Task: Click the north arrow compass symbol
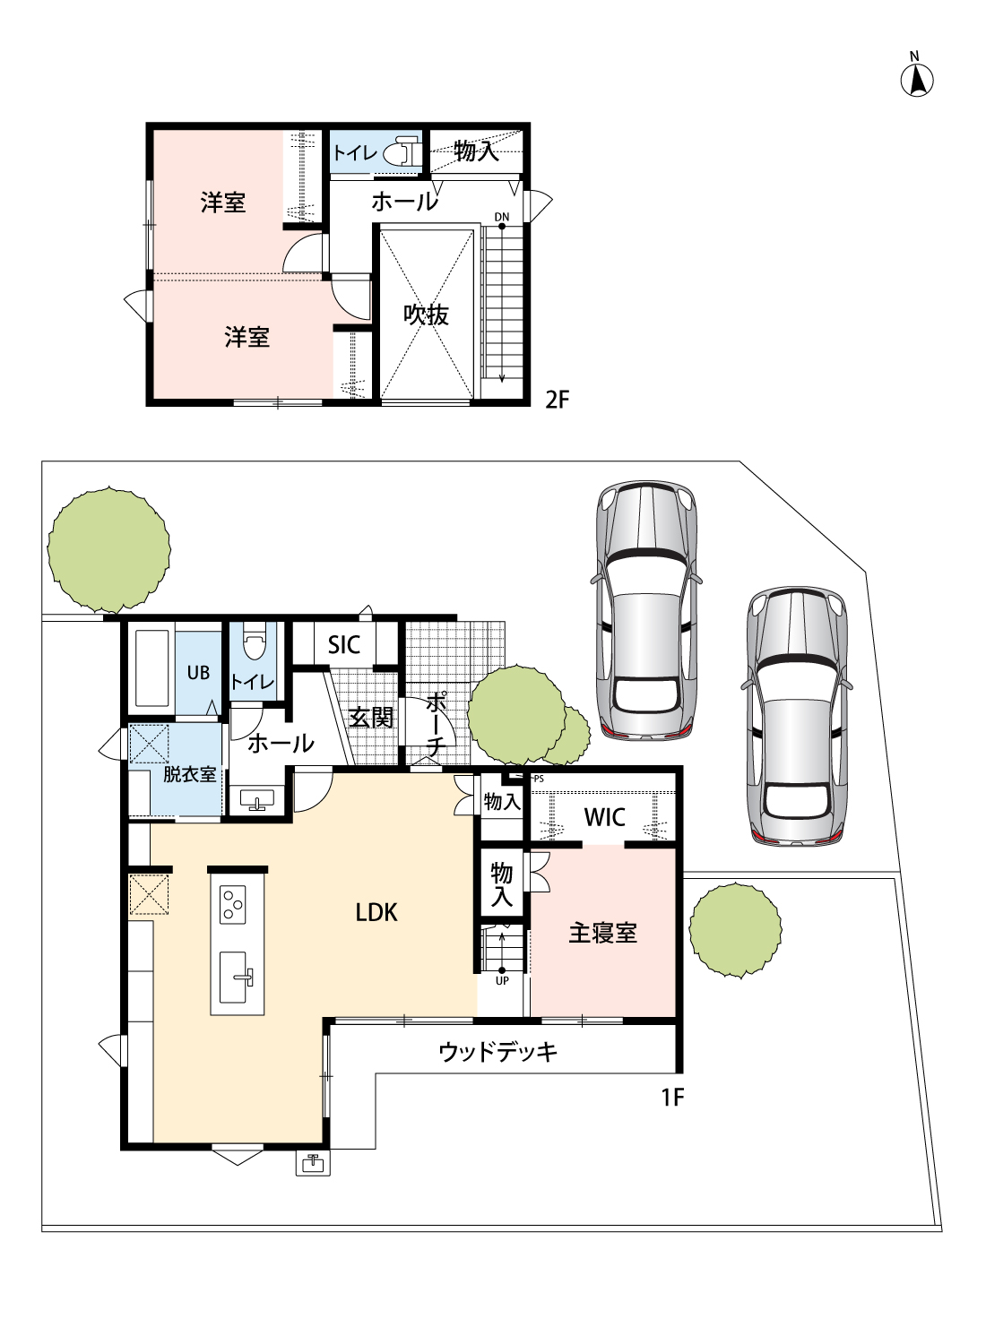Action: [917, 80]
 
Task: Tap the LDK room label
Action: [376, 913]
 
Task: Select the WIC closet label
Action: [604, 817]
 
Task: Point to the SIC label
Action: [344, 645]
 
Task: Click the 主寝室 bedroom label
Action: [602, 933]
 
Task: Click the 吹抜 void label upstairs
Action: [426, 315]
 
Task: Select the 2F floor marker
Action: [557, 399]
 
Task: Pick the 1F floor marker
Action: [673, 1098]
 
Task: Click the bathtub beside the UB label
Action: [151, 668]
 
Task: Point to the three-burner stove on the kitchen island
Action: [233, 905]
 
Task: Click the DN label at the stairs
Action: [502, 217]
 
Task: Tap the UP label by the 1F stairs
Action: [502, 981]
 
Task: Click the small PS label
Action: [539, 780]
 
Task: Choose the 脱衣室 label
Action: [190, 774]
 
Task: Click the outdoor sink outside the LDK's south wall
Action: [313, 1163]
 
